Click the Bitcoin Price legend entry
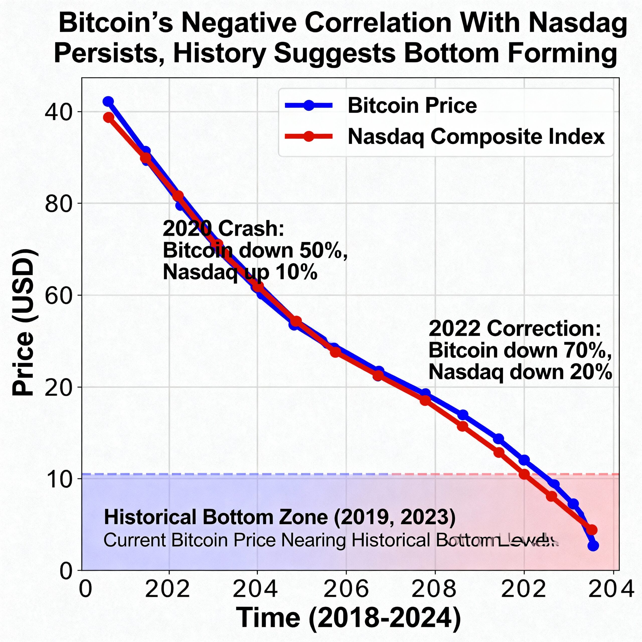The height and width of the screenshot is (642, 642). coord(412,106)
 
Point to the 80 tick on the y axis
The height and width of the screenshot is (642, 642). coord(58,203)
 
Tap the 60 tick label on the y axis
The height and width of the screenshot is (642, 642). coord(58,295)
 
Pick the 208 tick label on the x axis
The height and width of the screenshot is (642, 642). coord(434,589)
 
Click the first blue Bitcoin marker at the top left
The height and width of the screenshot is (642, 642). coord(108,101)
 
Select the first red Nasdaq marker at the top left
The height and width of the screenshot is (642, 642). coord(109,117)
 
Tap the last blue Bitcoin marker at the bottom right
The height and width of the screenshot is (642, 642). coord(593,545)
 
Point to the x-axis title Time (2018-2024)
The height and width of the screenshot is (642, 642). coord(348,617)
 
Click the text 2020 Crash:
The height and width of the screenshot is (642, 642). coord(223,229)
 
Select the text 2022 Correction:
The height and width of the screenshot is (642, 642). coord(515,329)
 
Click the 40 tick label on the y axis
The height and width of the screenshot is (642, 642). coord(58,111)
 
